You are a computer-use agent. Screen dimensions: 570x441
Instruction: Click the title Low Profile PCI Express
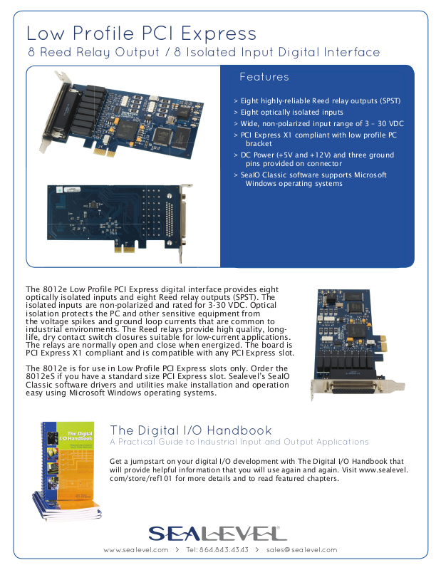[x=141, y=33]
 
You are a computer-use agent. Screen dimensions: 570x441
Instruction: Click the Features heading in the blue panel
[x=264, y=77]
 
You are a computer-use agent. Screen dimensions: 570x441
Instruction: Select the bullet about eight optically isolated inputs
[x=291, y=113]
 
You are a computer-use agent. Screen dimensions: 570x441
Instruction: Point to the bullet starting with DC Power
[x=317, y=159]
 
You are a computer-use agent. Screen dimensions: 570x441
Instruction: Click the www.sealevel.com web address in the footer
[x=135, y=550]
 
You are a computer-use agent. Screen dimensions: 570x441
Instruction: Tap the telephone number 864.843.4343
[x=217, y=550]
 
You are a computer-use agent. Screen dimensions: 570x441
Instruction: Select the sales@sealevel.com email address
[x=301, y=550]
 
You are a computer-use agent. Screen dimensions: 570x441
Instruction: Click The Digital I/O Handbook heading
[x=191, y=430]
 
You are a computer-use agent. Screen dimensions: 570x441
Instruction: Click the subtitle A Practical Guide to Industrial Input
[x=239, y=442]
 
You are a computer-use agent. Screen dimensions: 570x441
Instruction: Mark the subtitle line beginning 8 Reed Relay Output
[x=204, y=53]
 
